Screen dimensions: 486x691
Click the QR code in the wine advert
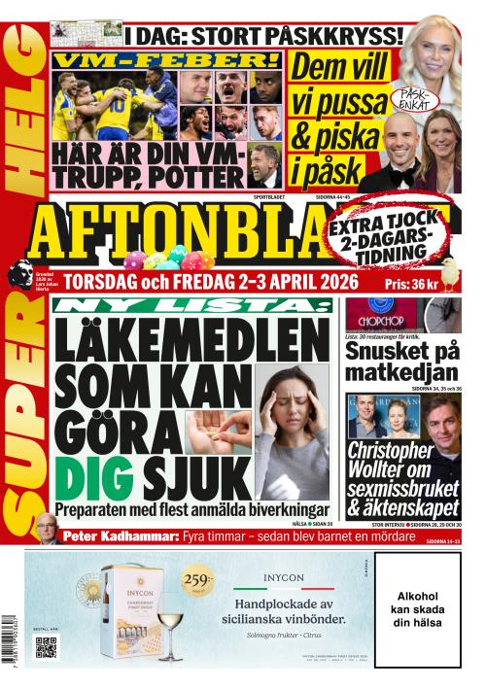[x=45, y=649]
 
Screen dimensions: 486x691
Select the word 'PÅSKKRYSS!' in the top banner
[x=329, y=36]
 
